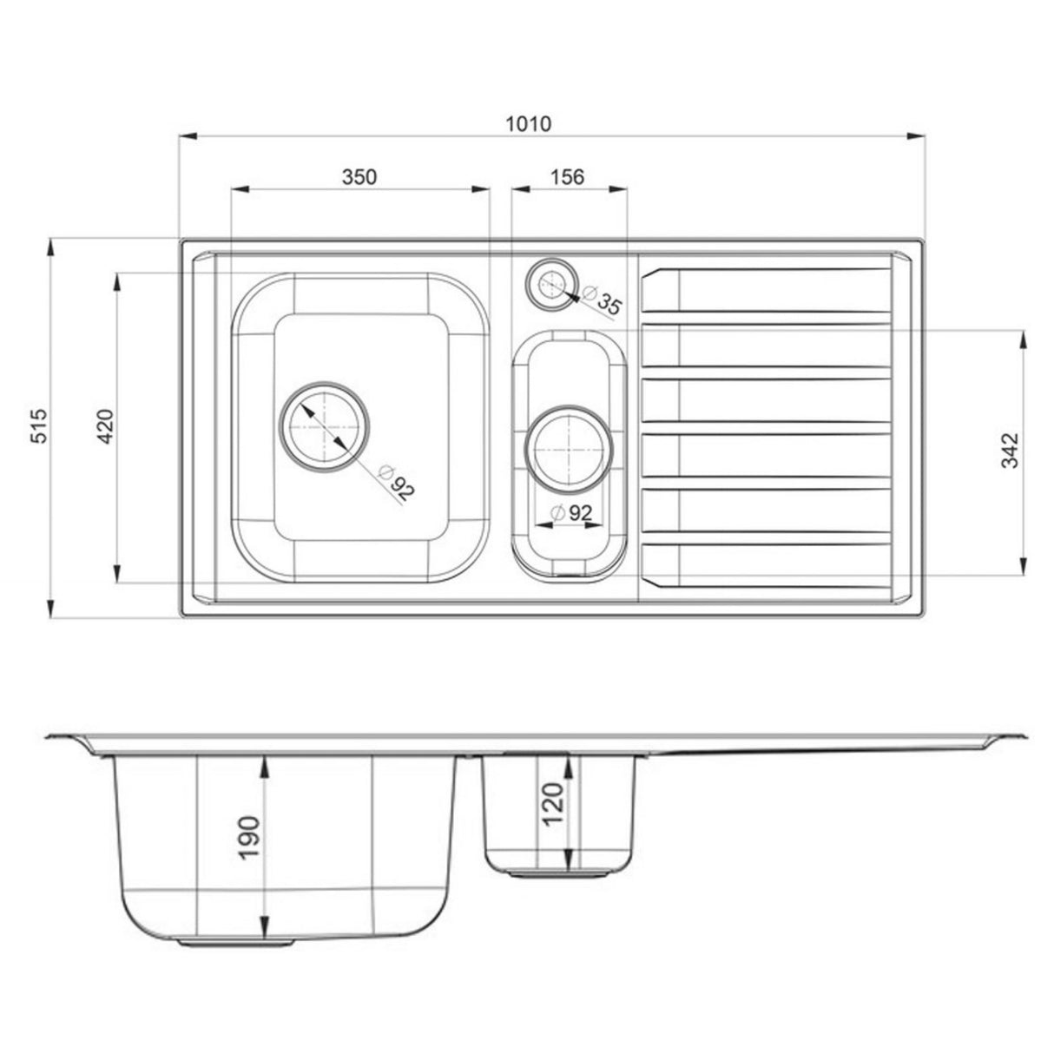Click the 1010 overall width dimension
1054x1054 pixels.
pyautogui.click(x=529, y=123)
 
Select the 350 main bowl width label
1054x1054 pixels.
pyautogui.click(x=359, y=177)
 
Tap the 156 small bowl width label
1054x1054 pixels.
pyautogui.click(x=568, y=177)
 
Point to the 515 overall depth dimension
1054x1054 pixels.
pyautogui.click(x=38, y=427)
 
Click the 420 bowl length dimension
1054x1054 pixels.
pyautogui.click(x=105, y=426)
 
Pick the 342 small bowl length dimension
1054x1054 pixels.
pyautogui.click(x=1011, y=451)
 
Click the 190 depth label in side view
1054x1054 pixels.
pyautogui.click(x=249, y=837)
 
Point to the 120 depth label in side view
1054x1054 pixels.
pyautogui.click(x=553, y=802)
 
